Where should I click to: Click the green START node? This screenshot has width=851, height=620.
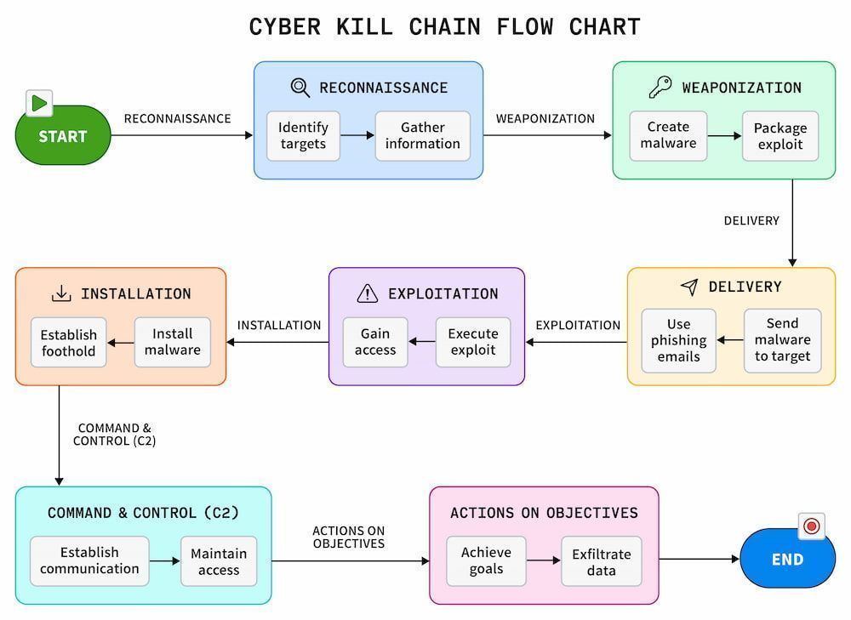click(63, 135)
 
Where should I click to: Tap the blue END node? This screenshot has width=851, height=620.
click(787, 559)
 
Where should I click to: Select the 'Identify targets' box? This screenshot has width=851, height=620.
click(304, 135)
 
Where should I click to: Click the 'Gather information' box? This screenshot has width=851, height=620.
click(423, 135)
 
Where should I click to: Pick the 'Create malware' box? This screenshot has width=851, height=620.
click(668, 135)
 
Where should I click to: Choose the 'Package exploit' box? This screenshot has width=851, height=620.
click(780, 135)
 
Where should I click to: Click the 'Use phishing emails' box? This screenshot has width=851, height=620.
click(678, 341)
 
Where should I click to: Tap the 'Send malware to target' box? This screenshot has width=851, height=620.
click(783, 341)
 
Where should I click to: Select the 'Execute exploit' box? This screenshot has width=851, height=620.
click(473, 342)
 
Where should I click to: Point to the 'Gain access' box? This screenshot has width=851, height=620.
click(375, 342)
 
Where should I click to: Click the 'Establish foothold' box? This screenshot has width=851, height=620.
click(68, 342)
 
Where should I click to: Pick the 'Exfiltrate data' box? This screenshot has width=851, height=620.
click(602, 561)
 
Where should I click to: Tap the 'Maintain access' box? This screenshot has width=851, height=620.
click(219, 561)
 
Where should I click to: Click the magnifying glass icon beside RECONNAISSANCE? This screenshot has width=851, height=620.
click(300, 88)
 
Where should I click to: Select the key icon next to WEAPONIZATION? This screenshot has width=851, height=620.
click(660, 87)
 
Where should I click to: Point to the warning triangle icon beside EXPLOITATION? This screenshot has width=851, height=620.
click(368, 293)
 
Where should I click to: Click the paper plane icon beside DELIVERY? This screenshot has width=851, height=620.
click(689, 287)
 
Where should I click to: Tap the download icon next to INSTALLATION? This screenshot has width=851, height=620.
click(61, 293)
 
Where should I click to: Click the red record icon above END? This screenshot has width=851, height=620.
click(812, 526)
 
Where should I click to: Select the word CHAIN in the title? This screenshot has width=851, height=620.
click(444, 26)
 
